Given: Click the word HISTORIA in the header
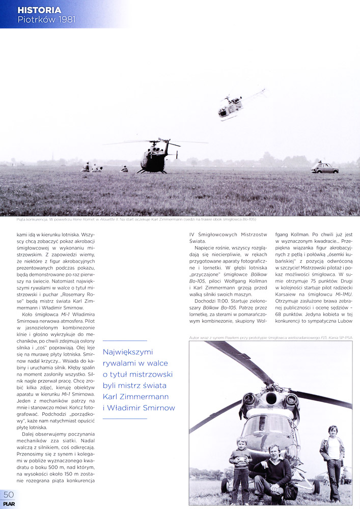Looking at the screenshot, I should tap(39, 10).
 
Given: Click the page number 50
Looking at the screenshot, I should tap(9, 495).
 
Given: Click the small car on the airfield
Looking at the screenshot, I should tap(324, 168).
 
